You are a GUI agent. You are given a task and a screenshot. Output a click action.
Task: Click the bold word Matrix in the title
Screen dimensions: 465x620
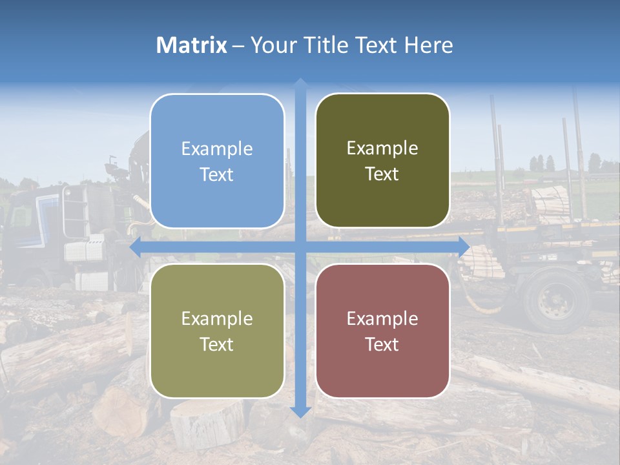click(192, 45)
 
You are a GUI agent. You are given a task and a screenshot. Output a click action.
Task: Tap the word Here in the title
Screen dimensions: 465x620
click(428, 45)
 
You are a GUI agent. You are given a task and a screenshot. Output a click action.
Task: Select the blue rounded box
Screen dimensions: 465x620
click(217, 161)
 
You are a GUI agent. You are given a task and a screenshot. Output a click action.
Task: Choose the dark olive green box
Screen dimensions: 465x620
click(382, 161)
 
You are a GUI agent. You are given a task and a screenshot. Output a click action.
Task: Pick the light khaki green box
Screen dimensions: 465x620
click(217, 331)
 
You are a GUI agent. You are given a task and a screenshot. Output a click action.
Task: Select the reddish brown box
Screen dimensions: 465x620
click(382, 331)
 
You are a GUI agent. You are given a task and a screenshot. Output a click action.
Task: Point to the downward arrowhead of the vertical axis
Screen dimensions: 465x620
click(300, 411)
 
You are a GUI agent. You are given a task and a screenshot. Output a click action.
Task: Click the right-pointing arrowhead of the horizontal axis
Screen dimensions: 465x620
click(464, 247)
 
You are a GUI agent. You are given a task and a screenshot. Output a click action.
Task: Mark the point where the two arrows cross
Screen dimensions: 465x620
click(300, 247)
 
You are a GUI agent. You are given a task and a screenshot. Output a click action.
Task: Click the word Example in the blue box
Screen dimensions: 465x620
click(217, 149)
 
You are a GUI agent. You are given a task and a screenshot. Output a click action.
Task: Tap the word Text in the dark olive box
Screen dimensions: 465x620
click(382, 174)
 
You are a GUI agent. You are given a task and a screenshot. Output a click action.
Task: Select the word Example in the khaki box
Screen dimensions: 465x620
click(217, 318)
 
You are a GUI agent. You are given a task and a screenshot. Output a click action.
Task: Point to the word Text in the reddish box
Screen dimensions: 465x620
click(382, 344)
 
